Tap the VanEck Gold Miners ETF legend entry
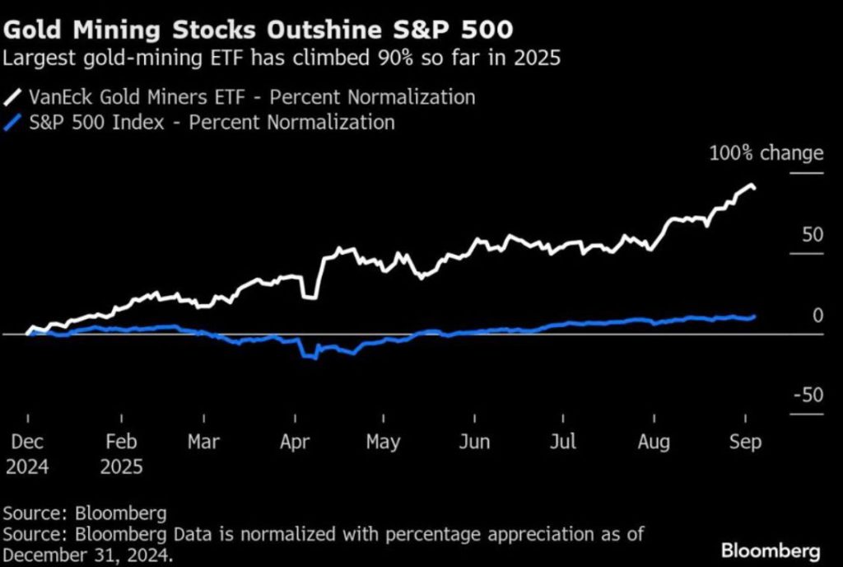tap(240, 96)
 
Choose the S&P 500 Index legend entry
tap(200, 123)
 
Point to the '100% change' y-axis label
tap(766, 152)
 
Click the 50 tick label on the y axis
tap(813, 235)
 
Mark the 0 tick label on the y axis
tap(817, 315)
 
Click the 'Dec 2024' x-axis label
tap(27, 454)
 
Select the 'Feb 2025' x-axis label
tap(122, 454)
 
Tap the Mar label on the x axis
tap(203, 442)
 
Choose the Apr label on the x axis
tap(294, 442)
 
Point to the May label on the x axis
tap(383, 442)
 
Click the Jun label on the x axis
tap(475, 442)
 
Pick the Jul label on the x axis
tap(564, 442)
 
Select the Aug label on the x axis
tap(654, 442)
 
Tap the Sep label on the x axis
tap(744, 442)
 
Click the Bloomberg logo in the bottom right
tap(770, 549)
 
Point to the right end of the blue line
tap(755, 316)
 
